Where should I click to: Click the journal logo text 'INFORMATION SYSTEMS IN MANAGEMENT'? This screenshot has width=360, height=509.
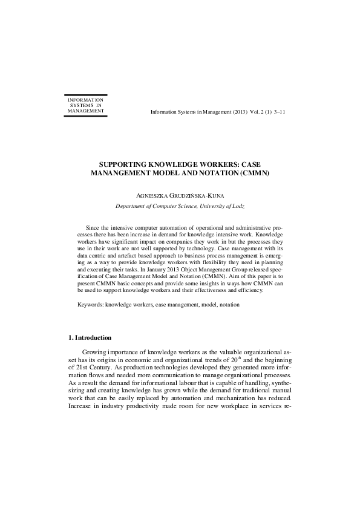pos(85,105)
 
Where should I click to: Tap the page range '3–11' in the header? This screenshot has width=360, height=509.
pos(285,112)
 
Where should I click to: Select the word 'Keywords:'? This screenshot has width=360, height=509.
pos(91,305)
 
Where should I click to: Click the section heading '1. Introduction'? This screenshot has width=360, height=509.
pos(90,337)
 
